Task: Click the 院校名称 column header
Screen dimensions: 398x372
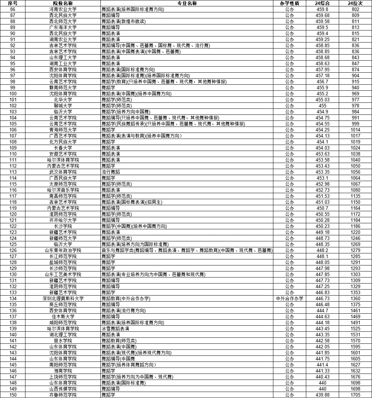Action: [63, 3]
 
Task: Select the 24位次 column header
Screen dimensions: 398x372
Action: [355, 3]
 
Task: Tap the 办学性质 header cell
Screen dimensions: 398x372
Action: [289, 3]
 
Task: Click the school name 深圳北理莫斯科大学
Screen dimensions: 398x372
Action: [63, 298]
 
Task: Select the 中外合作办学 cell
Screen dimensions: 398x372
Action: [289, 298]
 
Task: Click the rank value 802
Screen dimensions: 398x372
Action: [355, 9]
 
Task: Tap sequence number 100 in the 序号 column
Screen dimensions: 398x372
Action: [13, 94]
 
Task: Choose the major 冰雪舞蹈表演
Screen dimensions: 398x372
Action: [115, 329]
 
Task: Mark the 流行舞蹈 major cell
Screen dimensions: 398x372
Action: [111, 172]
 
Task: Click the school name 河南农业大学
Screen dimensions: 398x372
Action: [63, 9]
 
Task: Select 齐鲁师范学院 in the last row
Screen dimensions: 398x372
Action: [63, 395]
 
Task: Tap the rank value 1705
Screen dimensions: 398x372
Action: [355, 395]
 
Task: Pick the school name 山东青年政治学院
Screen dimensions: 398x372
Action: [63, 250]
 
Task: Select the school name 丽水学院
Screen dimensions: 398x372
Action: [63, 341]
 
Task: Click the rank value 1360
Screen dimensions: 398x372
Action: [355, 298]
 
